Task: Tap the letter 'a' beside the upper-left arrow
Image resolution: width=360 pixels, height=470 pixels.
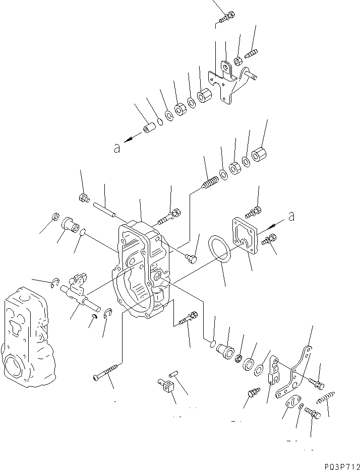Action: [116, 148]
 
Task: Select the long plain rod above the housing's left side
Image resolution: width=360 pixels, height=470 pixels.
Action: [104, 209]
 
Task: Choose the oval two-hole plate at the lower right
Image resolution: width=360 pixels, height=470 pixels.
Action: [290, 404]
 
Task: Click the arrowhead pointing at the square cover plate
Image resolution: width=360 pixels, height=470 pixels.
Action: [274, 223]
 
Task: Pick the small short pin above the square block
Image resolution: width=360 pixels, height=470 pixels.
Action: [173, 376]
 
